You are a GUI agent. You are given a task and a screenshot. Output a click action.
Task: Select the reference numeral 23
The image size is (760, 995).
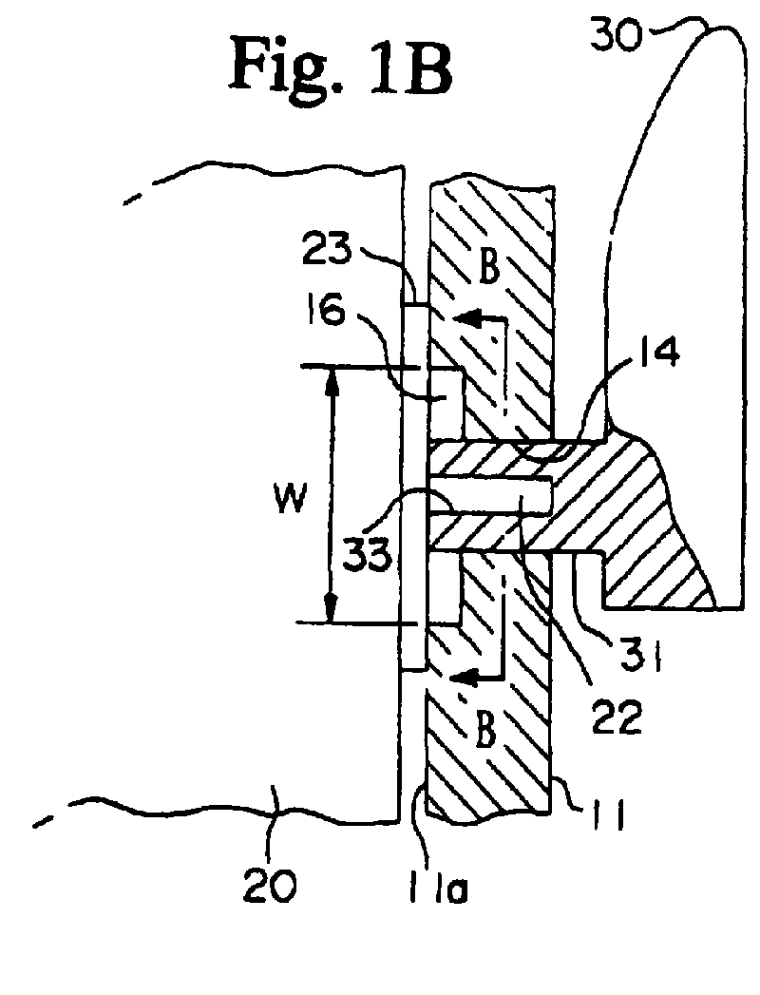point(326,249)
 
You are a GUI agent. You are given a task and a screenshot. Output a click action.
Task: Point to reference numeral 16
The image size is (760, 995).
point(326,311)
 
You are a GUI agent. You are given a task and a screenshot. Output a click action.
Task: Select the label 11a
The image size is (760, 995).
point(438,887)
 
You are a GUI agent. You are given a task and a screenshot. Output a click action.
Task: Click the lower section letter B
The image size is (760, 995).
point(484,732)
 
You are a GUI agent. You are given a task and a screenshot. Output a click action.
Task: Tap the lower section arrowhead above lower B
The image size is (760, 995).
point(464,678)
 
